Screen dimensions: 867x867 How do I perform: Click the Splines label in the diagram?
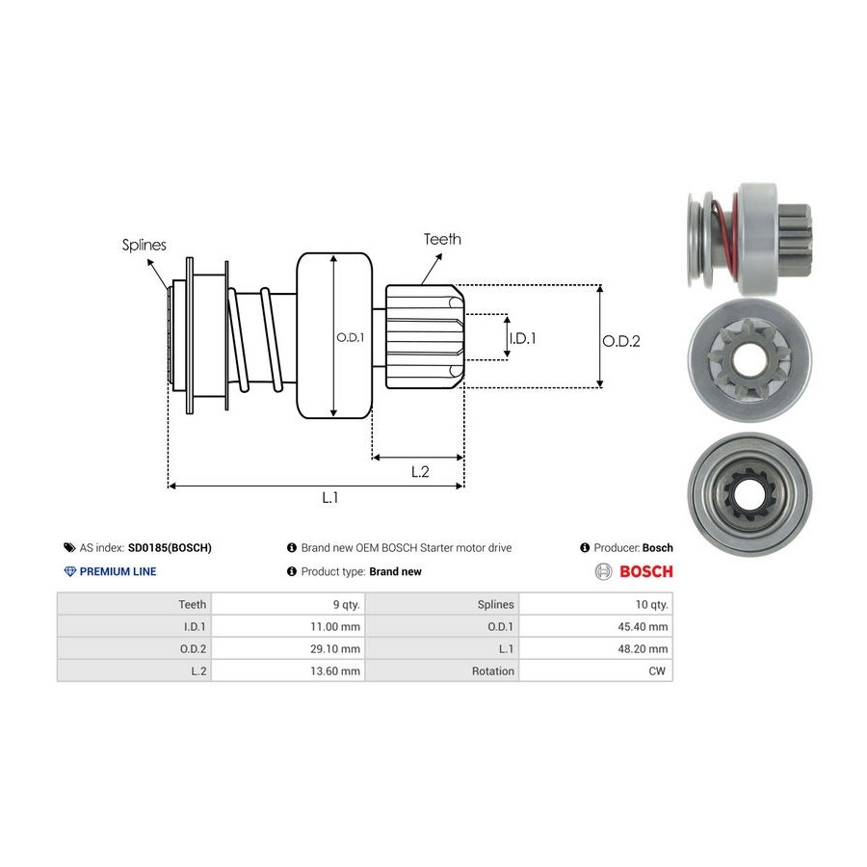coord(144,245)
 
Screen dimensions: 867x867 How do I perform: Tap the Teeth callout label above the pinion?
coord(442,239)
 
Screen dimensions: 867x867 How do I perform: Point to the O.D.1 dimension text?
coord(349,337)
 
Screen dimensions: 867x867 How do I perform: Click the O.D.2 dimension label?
coord(621,340)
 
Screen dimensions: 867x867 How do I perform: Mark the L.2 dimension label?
coord(419,471)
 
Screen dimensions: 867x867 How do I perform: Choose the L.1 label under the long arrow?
coord(330,497)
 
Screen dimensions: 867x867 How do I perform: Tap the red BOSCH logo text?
coord(645,571)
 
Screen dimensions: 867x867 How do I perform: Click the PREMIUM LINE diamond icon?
coord(69,571)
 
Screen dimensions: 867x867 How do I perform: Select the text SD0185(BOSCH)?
coord(170,547)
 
